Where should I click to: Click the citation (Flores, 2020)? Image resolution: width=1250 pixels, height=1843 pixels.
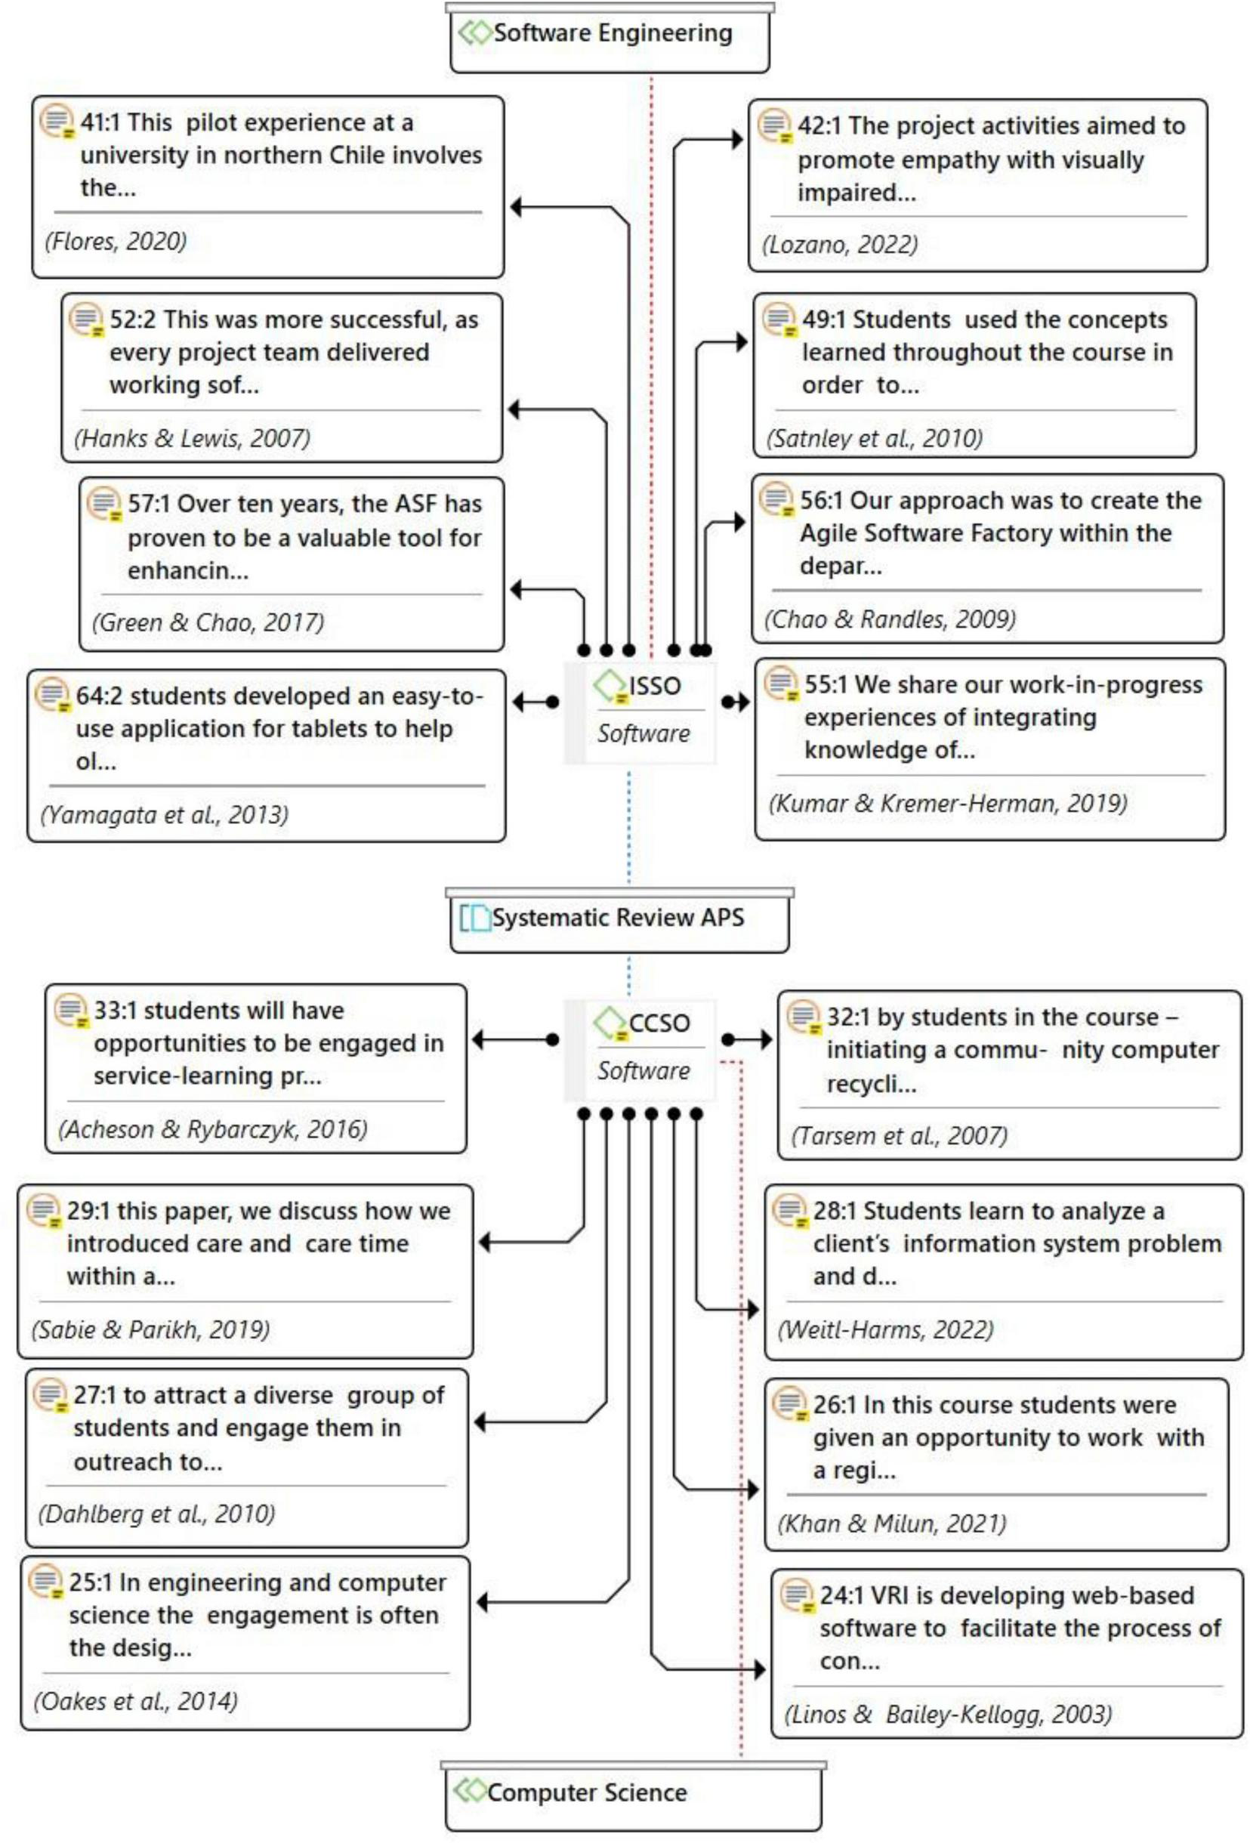(116, 241)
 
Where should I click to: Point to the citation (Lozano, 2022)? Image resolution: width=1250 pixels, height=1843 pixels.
(840, 245)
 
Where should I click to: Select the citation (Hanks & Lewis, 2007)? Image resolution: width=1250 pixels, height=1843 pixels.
(192, 438)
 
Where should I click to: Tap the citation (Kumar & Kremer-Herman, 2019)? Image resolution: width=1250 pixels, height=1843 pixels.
(948, 804)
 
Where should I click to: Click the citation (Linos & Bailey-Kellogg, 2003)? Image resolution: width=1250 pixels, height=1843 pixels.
(948, 1714)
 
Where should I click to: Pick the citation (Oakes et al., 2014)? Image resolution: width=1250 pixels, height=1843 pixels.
(136, 1700)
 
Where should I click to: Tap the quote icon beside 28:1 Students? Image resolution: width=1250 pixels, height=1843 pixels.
(790, 1212)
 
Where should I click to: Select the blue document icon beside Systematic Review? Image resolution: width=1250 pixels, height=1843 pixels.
(475, 918)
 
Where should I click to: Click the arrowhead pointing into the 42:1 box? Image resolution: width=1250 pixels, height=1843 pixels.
(739, 140)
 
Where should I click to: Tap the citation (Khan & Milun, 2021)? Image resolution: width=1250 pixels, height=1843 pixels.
(891, 1523)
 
